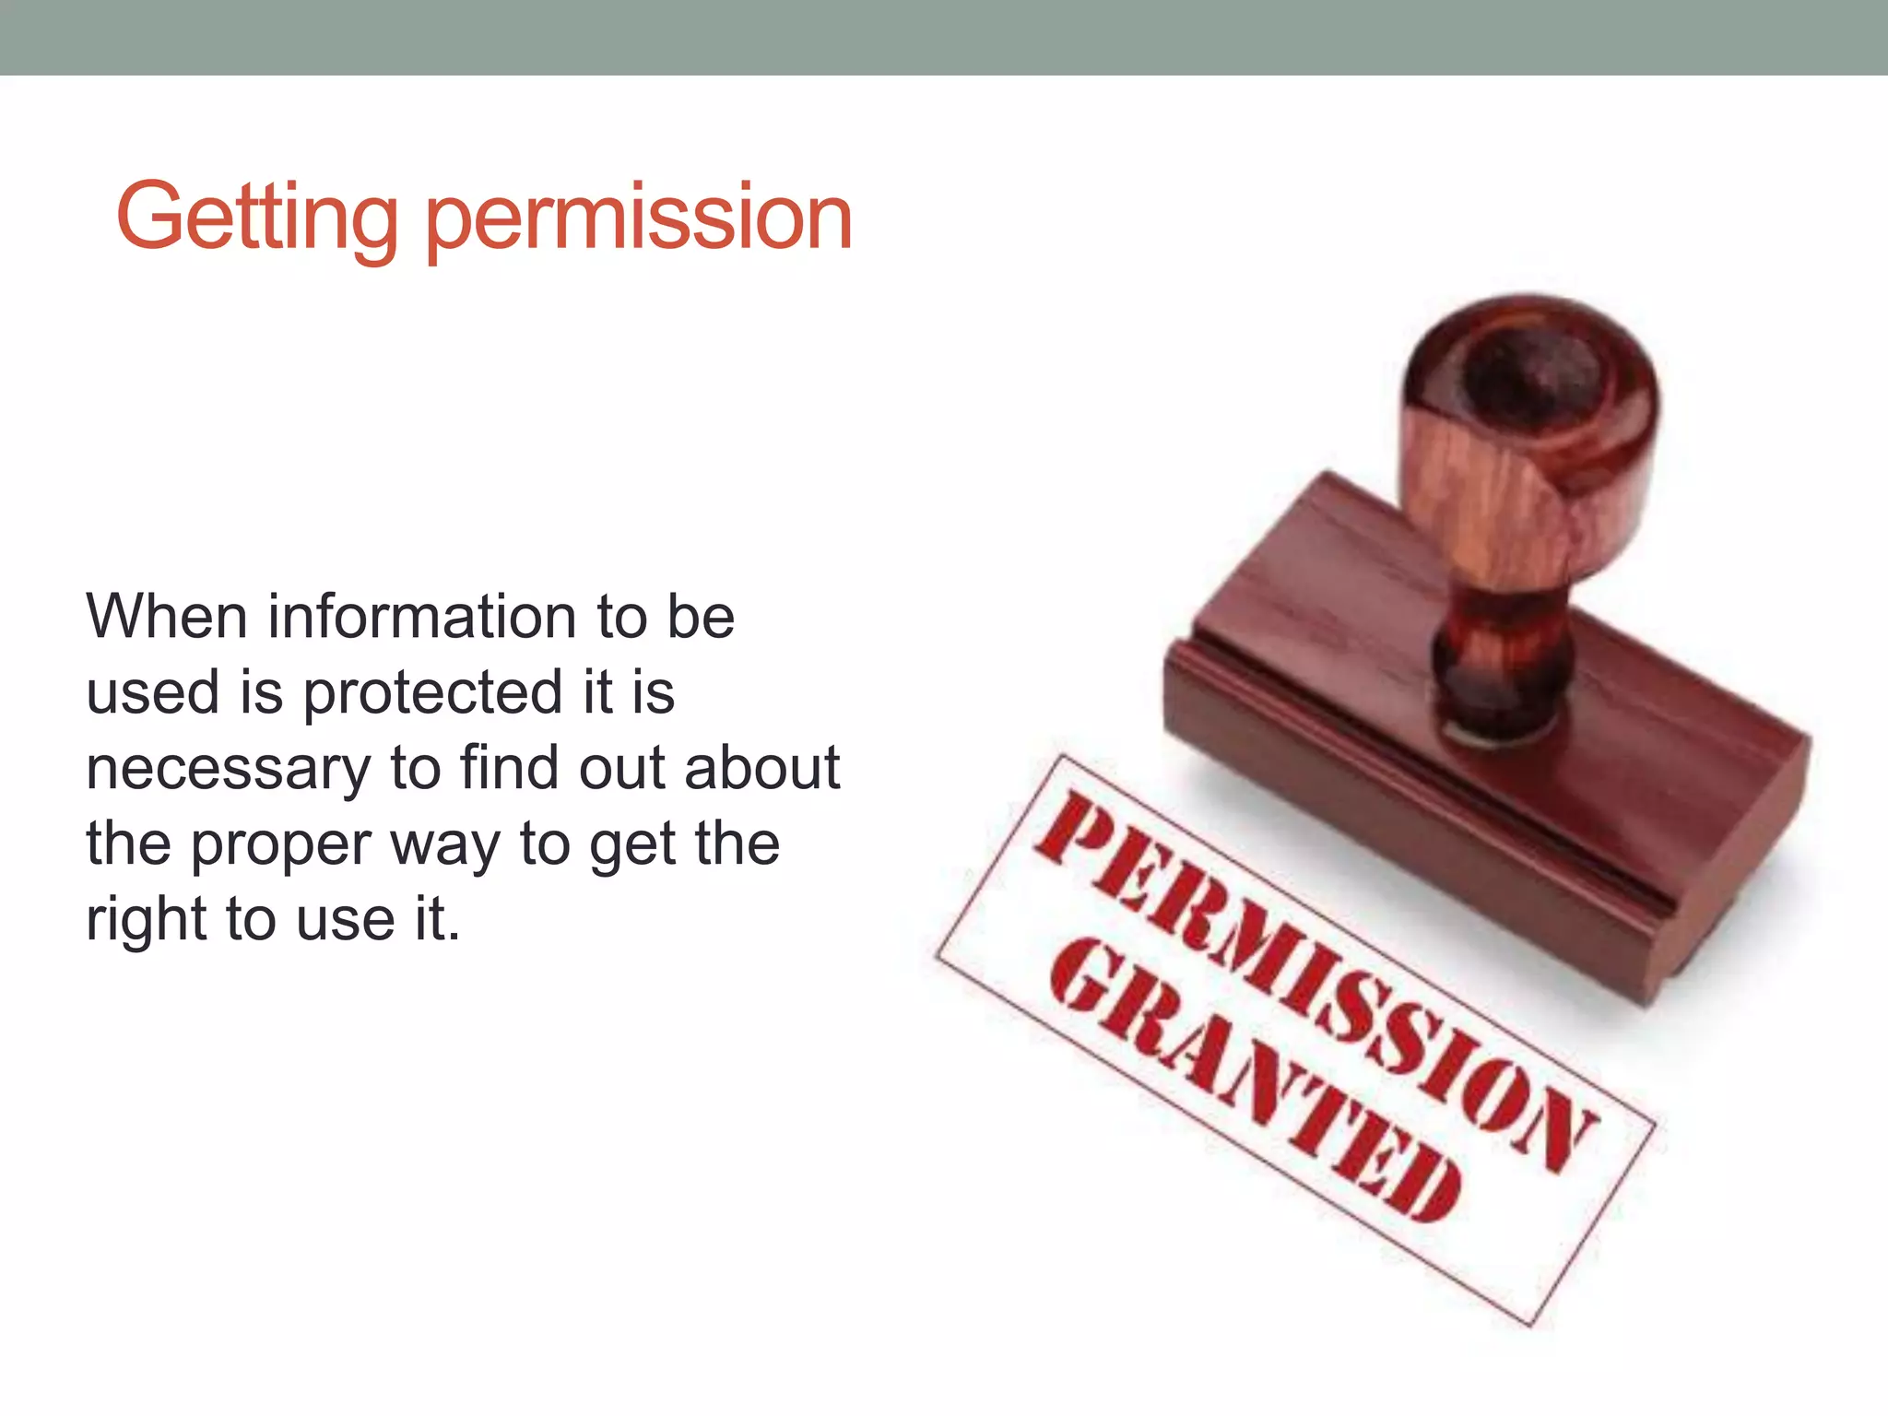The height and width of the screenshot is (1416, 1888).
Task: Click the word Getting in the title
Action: pos(257,218)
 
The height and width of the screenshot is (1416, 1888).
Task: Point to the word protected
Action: pos(432,693)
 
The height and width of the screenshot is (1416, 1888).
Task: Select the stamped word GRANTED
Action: pos(1254,1079)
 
